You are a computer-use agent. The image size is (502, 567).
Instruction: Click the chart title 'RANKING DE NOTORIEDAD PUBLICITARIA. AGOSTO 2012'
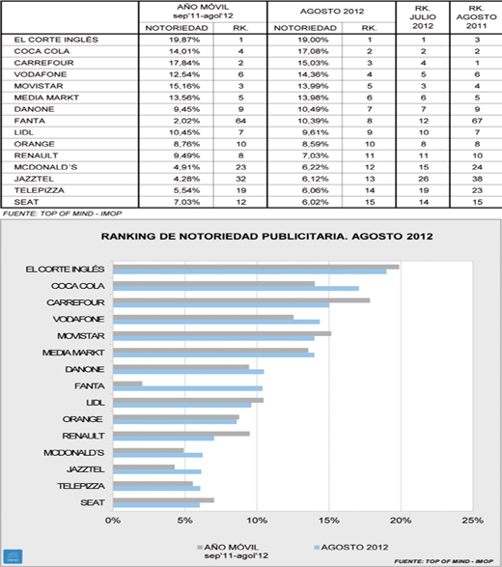[266, 237]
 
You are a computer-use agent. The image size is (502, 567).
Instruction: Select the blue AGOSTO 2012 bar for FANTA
[187, 388]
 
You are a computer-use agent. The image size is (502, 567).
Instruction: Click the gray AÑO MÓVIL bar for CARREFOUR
[241, 300]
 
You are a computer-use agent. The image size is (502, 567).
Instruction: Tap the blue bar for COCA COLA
[236, 288]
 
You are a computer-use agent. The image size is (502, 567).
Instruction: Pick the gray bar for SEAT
[163, 500]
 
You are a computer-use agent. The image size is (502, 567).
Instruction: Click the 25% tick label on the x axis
[473, 521]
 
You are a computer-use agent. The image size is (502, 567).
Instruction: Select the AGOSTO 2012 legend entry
[351, 547]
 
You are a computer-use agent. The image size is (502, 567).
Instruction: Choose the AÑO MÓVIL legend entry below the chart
[233, 552]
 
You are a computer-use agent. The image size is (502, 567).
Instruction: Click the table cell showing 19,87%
[184, 40]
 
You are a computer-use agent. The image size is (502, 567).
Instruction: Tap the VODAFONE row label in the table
[41, 74]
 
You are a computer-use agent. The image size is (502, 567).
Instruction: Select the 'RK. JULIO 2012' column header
[423, 17]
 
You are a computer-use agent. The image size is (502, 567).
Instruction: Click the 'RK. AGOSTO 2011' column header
[477, 17]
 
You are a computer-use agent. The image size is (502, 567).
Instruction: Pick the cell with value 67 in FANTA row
[477, 121]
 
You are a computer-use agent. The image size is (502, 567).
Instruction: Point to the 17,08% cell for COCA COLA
[313, 51]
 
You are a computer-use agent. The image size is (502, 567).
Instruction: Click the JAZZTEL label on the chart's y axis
[86, 469]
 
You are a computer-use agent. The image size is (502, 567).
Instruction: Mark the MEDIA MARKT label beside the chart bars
[73, 353]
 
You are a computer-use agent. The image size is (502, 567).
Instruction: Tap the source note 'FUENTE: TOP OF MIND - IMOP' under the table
[62, 213]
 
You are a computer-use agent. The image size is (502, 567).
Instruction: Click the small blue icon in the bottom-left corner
[13, 556]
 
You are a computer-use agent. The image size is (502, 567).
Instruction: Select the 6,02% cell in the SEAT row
[315, 202]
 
